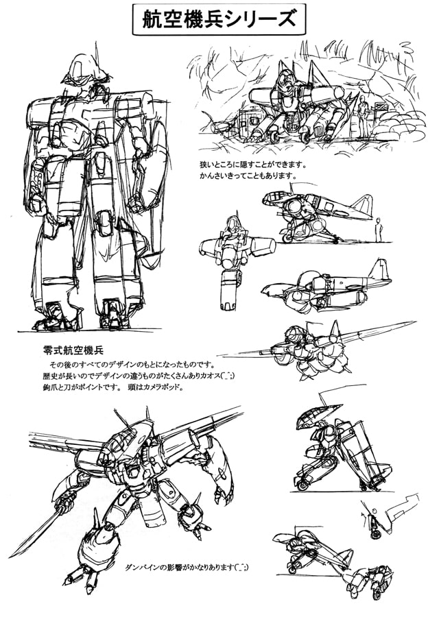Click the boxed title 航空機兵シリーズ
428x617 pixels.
[219, 19]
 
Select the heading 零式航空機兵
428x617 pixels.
[73, 350]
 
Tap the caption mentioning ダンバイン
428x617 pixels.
[187, 567]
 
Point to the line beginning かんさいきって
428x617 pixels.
[248, 175]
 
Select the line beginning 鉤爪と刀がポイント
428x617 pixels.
[113, 387]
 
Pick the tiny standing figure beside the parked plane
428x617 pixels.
[379, 230]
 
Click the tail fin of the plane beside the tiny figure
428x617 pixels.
[362, 206]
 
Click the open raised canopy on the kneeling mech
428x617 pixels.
[313, 416]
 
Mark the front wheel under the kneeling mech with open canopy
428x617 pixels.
[302, 485]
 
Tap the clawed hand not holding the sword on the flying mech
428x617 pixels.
[223, 494]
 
